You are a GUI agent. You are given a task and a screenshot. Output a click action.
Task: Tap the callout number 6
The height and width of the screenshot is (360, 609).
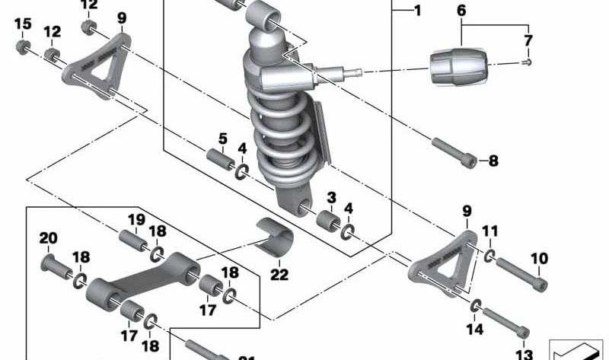[x=461, y=11]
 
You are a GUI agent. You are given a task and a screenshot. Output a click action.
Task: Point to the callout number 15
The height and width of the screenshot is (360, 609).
[x=24, y=24]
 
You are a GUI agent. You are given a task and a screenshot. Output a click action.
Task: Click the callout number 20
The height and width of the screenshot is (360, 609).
[x=48, y=238]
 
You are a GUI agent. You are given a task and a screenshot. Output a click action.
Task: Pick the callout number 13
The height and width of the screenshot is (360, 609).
[x=524, y=354]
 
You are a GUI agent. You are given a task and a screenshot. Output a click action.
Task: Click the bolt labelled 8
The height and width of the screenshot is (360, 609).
[x=454, y=151]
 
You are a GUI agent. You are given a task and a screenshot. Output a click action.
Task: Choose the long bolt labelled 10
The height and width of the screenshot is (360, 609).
[x=522, y=275]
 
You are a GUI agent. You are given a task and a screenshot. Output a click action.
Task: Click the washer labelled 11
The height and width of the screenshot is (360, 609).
[x=487, y=254]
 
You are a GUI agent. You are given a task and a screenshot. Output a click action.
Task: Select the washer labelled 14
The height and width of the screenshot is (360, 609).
[x=477, y=305]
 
